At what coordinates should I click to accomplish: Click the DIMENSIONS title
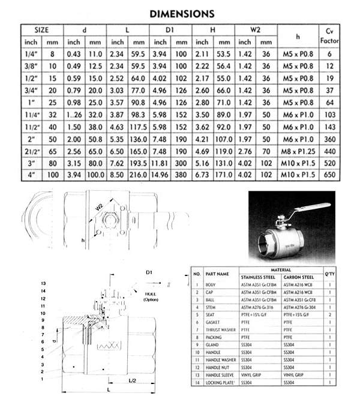point(181,13)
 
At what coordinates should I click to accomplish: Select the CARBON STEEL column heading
point(298,277)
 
